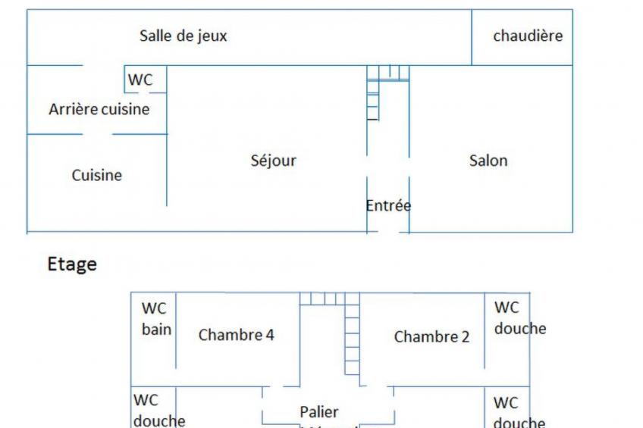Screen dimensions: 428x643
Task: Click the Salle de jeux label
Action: pyautogui.click(x=183, y=36)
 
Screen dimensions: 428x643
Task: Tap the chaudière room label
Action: pyautogui.click(x=528, y=36)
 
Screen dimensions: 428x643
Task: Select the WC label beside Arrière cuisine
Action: pyautogui.click(x=140, y=80)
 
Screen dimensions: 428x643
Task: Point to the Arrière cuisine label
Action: pyautogui.click(x=99, y=109)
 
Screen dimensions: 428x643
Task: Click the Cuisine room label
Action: pyautogui.click(x=97, y=175)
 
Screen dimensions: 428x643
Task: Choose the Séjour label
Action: pyautogui.click(x=273, y=161)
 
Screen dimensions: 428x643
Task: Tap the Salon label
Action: pyautogui.click(x=488, y=161)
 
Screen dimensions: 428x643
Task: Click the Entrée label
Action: pyautogui.click(x=388, y=205)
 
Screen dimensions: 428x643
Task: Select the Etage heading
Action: pyautogui.click(x=72, y=264)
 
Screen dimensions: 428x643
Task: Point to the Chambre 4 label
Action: pyautogui.click(x=236, y=335)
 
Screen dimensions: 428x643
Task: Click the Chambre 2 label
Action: pyautogui.click(x=431, y=337)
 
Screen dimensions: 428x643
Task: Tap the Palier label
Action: pyautogui.click(x=318, y=412)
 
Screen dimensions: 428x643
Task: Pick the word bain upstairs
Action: pyautogui.click(x=156, y=330)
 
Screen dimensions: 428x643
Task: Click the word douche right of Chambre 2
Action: pyautogui.click(x=520, y=329)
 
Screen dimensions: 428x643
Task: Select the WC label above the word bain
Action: pyautogui.click(x=154, y=308)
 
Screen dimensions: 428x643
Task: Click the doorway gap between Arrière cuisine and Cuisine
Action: pyautogui.click(x=98, y=135)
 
